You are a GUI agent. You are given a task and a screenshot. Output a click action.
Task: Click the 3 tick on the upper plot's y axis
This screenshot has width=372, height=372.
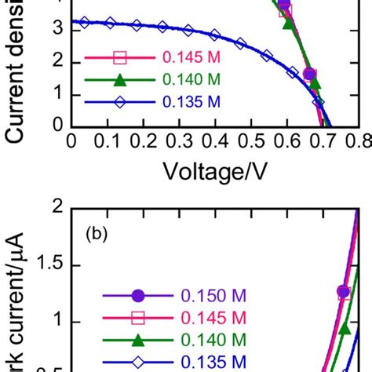pos(57,27)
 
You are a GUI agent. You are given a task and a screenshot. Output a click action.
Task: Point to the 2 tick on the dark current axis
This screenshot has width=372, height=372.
pos(57,206)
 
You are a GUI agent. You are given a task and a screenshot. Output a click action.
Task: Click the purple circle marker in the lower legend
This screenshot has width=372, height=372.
pos(138,296)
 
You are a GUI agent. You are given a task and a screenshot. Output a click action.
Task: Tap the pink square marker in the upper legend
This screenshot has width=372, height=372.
pos(119,57)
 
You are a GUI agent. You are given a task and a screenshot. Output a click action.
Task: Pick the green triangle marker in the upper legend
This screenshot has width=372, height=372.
pos(119,78)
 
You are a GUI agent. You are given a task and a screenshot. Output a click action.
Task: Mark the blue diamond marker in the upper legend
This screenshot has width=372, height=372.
pos(119,100)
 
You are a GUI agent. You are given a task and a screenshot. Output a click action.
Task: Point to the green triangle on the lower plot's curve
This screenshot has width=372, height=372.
pos(345,328)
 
